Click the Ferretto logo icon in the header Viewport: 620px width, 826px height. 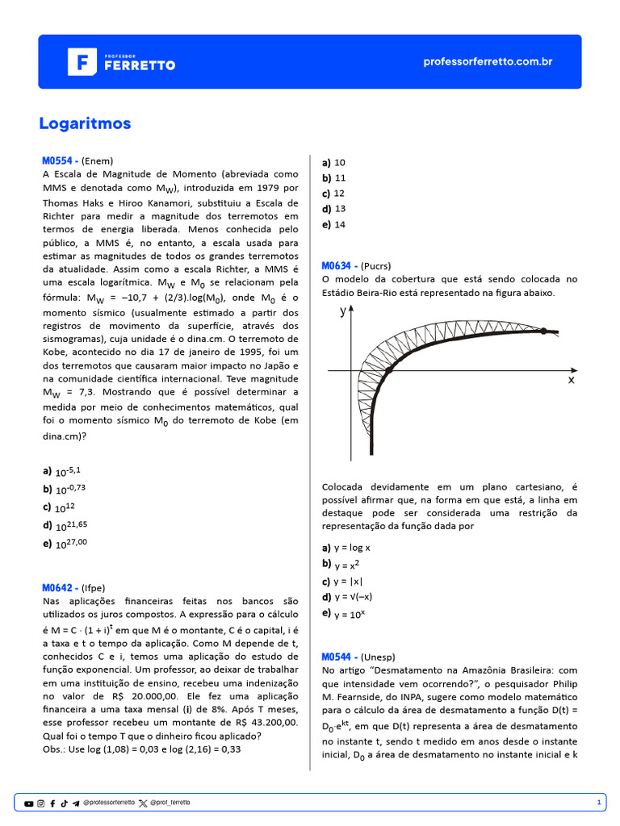click(81, 62)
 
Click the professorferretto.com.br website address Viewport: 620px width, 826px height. click(488, 62)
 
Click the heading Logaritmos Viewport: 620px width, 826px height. click(85, 123)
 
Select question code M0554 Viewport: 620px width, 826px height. click(60, 160)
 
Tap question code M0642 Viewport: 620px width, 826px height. click(60, 587)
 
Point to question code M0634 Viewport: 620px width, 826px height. click(339, 265)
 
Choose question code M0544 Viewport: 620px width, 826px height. click(339, 657)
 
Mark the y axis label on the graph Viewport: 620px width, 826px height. click(342, 311)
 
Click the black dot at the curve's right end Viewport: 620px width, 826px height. click(543, 331)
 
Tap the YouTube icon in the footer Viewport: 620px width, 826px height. click(29, 803)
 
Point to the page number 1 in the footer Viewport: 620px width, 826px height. click(598, 803)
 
